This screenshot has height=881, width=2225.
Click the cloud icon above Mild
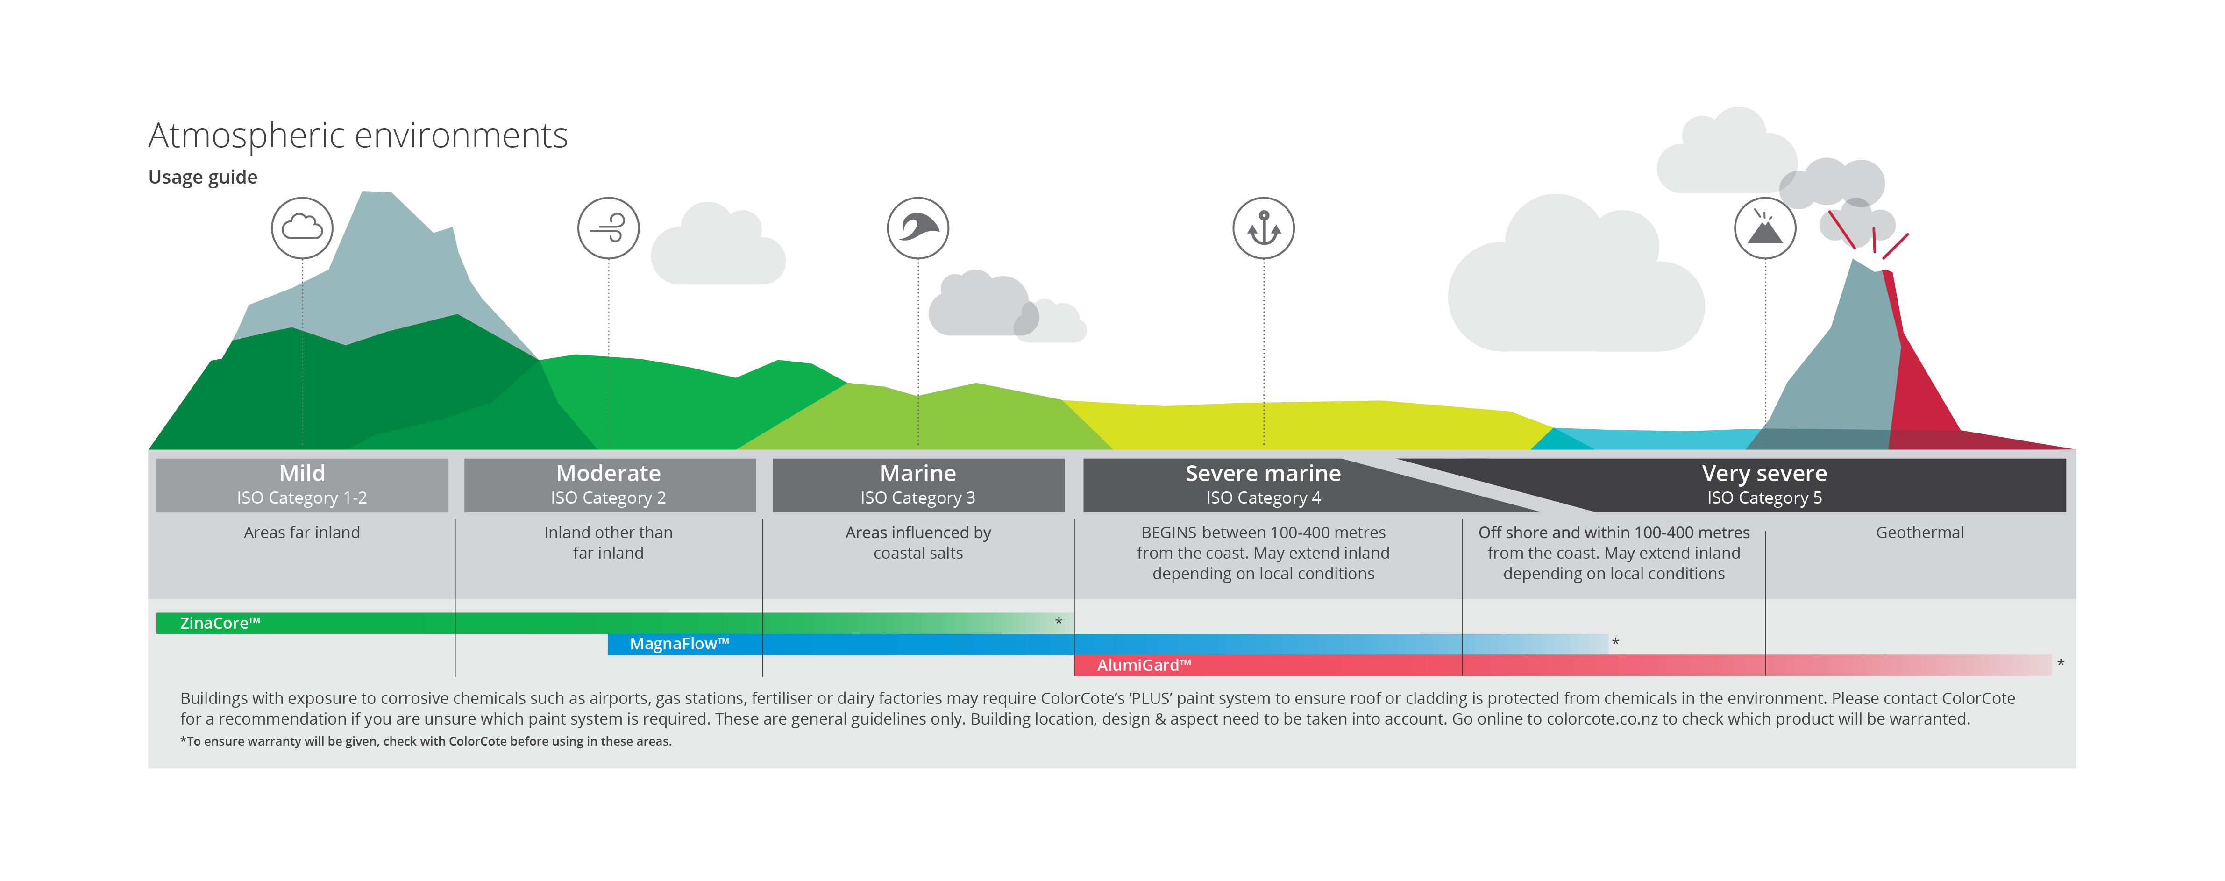pyautogui.click(x=302, y=228)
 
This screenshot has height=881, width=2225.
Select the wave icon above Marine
pyautogui.click(x=918, y=228)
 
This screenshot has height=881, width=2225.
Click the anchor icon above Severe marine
pyautogui.click(x=1264, y=228)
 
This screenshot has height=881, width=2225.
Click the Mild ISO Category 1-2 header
pyautogui.click(x=302, y=485)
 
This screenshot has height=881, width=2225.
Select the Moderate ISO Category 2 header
pyautogui.click(x=610, y=485)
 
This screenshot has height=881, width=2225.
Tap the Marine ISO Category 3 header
pyautogui.click(x=918, y=485)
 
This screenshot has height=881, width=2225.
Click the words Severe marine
pyautogui.click(x=1263, y=473)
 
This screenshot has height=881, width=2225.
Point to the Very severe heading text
pyautogui.click(x=1764, y=473)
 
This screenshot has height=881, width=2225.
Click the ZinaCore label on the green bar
pyautogui.click(x=220, y=623)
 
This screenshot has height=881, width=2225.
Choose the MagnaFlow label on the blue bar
pyautogui.click(x=680, y=644)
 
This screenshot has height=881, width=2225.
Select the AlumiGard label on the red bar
pyautogui.click(x=1144, y=665)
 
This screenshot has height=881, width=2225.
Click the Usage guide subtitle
pyautogui.click(x=203, y=177)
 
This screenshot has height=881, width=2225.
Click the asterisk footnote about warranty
pyautogui.click(x=426, y=741)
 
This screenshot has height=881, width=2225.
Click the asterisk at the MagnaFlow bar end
pyautogui.click(x=1615, y=642)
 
